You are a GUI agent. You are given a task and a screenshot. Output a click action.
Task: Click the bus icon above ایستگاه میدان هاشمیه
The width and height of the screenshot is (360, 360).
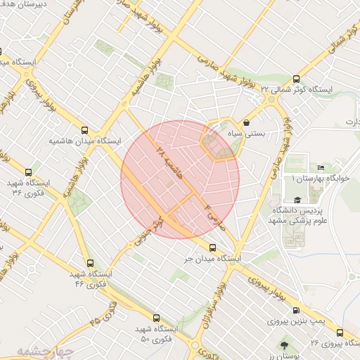[85, 130]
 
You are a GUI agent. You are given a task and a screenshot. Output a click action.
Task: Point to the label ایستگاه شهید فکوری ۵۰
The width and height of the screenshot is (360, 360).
[155, 334]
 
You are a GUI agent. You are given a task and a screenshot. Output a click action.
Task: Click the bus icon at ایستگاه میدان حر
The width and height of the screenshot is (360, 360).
[213, 247]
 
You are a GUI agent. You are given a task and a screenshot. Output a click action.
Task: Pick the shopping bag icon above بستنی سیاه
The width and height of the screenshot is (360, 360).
[245, 122]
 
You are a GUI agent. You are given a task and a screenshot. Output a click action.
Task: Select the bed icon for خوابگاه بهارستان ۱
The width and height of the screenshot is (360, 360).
[321, 168]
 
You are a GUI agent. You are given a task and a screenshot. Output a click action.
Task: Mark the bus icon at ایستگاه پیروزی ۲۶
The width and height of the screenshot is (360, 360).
[340, 333]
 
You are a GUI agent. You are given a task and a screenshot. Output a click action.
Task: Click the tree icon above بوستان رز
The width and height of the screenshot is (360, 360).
[284, 345]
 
